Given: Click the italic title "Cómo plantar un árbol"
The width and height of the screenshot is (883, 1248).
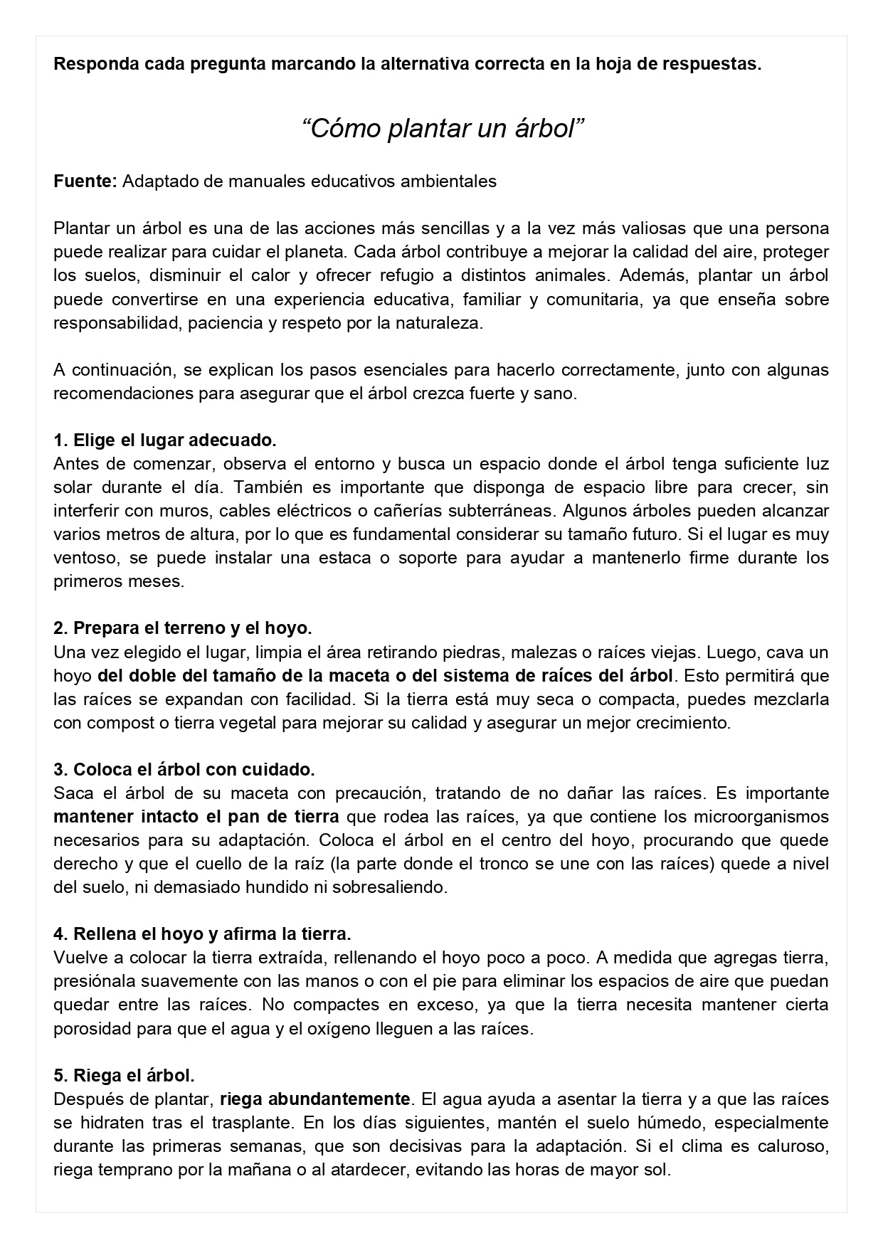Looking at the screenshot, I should click(443, 129).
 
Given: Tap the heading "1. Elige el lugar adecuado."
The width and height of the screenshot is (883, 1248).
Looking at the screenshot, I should click(165, 440).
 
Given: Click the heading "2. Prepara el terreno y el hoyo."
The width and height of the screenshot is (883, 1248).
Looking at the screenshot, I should click(183, 628).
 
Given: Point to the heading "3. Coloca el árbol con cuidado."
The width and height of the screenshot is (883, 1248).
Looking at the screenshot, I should click(184, 770).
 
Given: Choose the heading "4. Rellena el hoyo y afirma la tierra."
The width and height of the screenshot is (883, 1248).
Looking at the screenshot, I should click(202, 934).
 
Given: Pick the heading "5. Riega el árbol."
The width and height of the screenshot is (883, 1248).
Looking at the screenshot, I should click(124, 1075).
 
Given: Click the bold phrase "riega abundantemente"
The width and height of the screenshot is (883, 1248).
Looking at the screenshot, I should click(315, 1099).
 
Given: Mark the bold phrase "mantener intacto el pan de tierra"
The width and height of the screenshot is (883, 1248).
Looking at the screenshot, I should click(196, 816).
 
